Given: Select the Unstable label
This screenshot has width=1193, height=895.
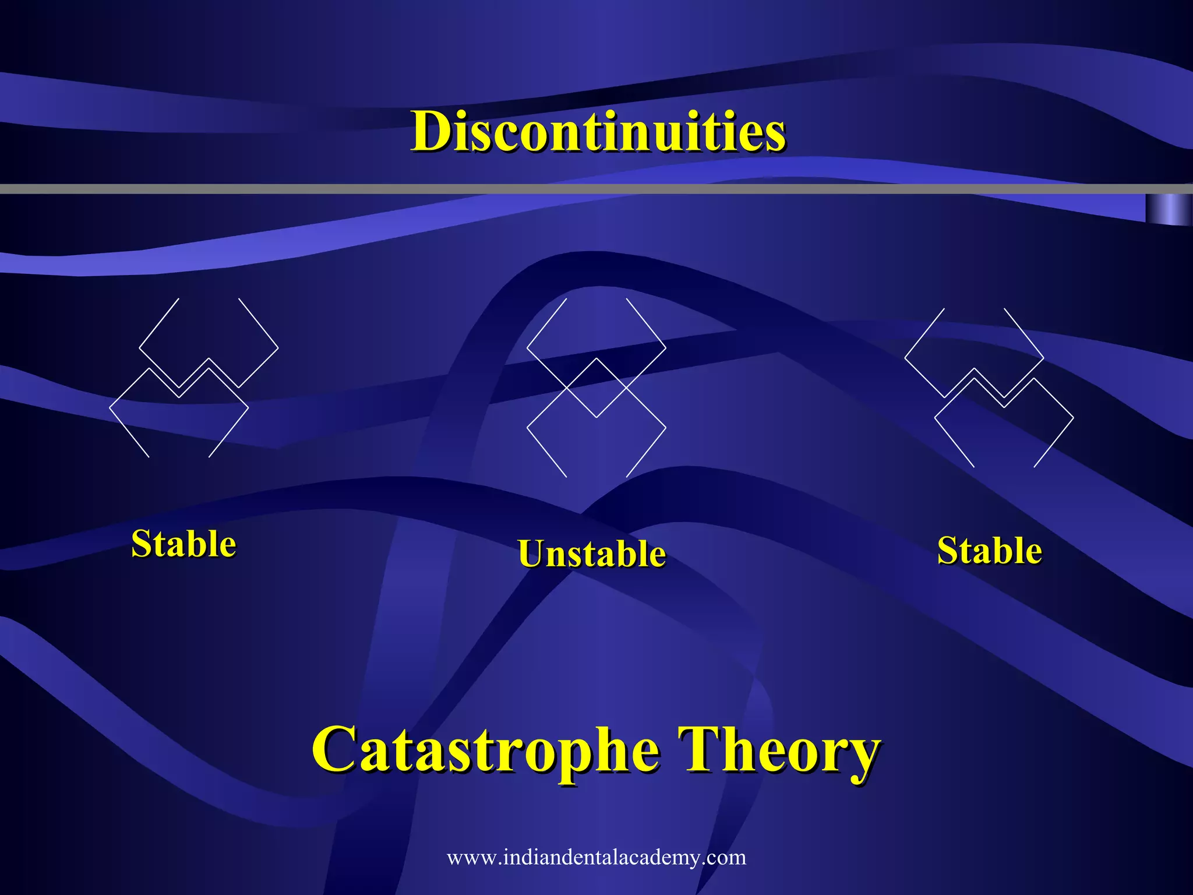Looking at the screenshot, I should point(592,554).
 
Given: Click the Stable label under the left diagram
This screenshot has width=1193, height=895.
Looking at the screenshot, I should point(183,544).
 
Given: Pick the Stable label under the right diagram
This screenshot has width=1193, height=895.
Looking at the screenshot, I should point(989,551).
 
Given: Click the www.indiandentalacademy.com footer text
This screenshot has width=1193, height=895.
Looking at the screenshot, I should point(596,857).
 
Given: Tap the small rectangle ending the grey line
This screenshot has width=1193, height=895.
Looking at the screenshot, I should point(1168,209).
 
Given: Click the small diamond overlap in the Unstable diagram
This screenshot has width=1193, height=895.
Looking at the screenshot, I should point(596,387).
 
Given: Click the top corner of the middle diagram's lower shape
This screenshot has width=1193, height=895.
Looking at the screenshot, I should point(596,358).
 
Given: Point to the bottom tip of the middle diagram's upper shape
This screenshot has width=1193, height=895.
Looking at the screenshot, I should point(596,417).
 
